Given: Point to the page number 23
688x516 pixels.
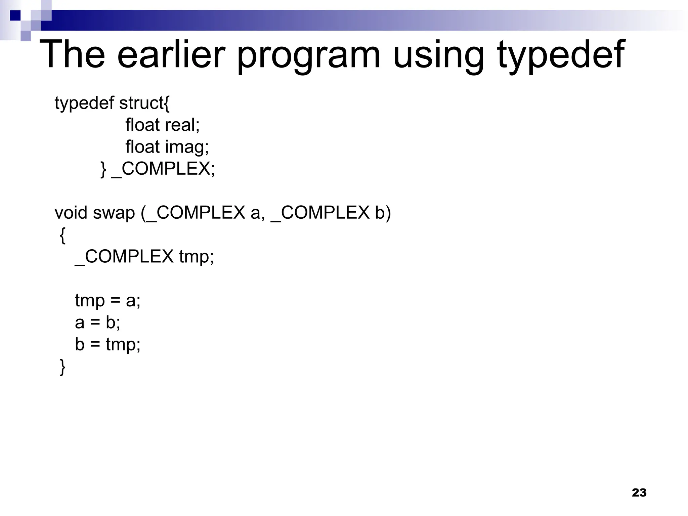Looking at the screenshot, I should (639, 492).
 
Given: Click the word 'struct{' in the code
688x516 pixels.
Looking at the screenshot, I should (144, 103).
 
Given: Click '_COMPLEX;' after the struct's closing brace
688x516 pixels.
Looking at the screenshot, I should (163, 169).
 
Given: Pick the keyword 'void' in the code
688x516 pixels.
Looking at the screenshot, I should (71, 213).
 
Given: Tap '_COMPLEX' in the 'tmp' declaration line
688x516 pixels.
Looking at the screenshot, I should (124, 257).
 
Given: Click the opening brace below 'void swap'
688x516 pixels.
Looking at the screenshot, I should (62, 235).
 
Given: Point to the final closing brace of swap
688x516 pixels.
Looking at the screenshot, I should (62, 367).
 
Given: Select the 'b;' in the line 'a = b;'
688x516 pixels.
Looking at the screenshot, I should (113, 322).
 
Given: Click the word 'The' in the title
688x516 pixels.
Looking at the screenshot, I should (72, 54).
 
